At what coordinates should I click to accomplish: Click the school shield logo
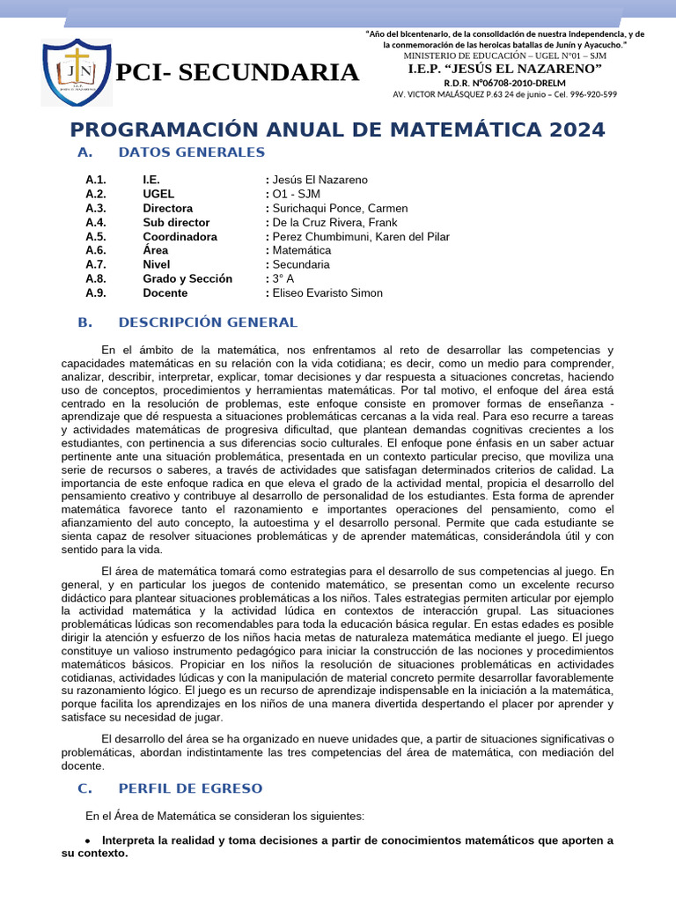(x=76, y=72)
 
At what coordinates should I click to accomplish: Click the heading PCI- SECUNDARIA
(x=238, y=72)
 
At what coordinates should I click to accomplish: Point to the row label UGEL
(x=158, y=194)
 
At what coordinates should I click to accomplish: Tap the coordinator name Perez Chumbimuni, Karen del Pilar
(x=361, y=236)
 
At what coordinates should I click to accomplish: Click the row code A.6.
(x=96, y=250)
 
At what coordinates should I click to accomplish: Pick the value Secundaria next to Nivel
(x=301, y=264)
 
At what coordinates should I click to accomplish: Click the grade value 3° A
(x=283, y=278)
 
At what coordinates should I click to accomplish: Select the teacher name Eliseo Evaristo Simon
(x=327, y=292)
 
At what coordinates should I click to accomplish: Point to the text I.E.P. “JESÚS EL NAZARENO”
(x=505, y=69)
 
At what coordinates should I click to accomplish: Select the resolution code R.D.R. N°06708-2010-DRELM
(x=505, y=82)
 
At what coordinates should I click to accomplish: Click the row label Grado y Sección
(x=187, y=278)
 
